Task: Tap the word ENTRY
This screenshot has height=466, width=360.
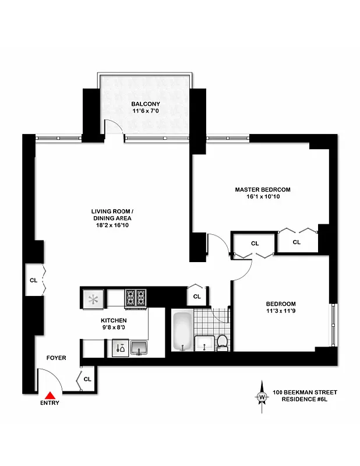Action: (x=50, y=403)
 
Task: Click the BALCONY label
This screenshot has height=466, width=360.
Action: (x=145, y=104)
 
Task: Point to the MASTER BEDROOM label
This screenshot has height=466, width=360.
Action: (x=263, y=189)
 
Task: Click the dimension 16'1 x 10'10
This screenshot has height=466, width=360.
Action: (x=263, y=197)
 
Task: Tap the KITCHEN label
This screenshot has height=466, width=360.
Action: (x=114, y=320)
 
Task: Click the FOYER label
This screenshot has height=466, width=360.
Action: (x=57, y=358)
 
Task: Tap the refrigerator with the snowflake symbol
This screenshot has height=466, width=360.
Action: (x=92, y=299)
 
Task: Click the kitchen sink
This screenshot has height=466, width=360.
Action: (x=139, y=348)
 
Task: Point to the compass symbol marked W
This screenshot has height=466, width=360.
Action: (x=262, y=397)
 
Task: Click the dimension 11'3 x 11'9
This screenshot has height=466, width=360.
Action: (x=281, y=312)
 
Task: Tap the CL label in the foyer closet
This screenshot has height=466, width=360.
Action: (x=87, y=379)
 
